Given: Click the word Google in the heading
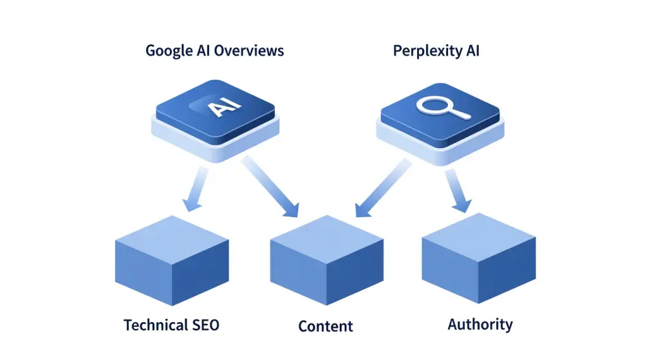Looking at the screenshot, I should (168, 50).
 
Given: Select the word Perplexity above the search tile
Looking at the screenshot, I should (423, 50).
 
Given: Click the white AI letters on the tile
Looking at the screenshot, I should (222, 107).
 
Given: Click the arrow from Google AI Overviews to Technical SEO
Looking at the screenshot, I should (194, 190).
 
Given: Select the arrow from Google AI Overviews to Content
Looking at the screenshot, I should (270, 186).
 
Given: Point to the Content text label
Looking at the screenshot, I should (326, 326).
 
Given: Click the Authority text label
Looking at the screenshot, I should (480, 324).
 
